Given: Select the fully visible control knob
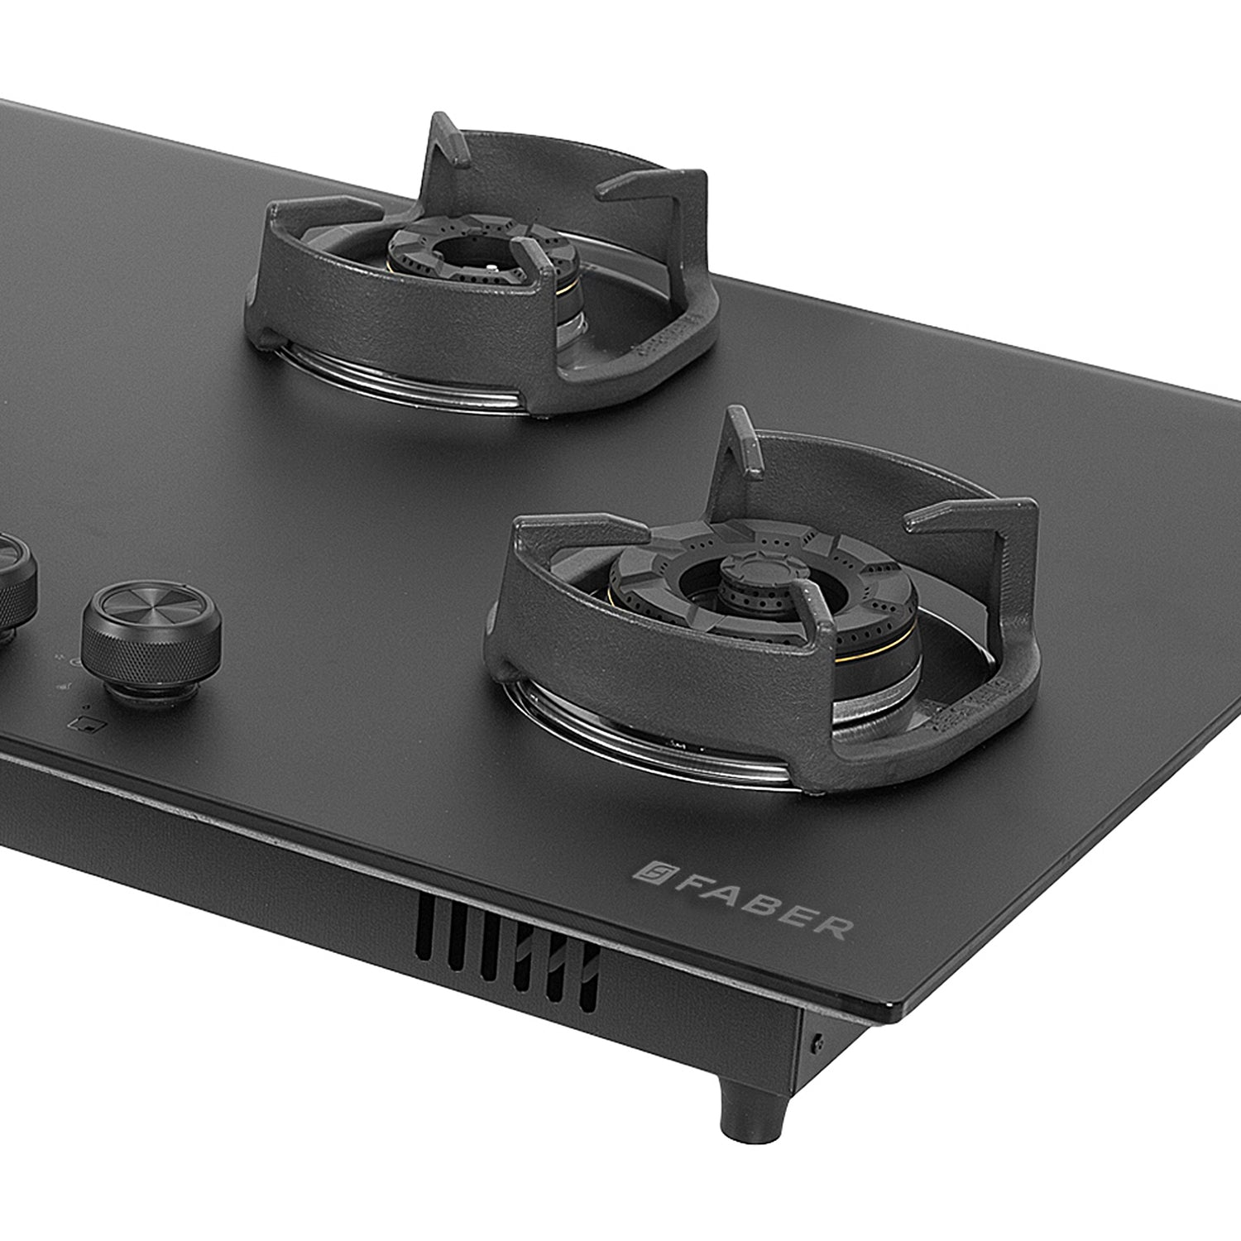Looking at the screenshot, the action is (x=151, y=641).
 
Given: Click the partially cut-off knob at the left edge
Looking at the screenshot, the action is (x=15, y=587).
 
